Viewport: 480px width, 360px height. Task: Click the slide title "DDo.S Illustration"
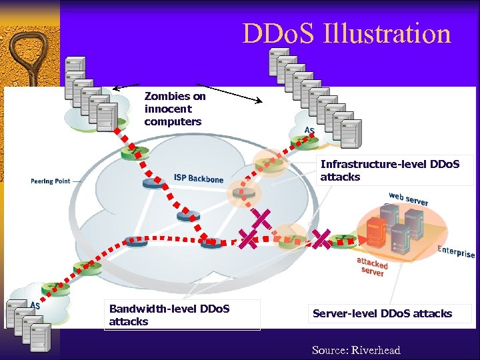[x=347, y=33]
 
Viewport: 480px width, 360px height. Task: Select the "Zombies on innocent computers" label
[x=175, y=109]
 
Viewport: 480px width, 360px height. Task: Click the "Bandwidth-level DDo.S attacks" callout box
[x=183, y=315]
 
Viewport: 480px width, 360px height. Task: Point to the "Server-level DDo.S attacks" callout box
[x=382, y=313]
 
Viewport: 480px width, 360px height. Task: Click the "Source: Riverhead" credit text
[x=356, y=350]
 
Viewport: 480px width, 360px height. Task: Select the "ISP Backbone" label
[x=198, y=178]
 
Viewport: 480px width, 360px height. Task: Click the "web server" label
[x=409, y=198]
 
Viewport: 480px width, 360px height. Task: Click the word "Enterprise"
[x=456, y=252]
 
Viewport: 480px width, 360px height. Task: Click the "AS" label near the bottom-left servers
[x=35, y=305]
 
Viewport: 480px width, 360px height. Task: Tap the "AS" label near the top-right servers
[x=309, y=130]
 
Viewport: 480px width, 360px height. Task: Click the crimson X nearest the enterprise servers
[x=321, y=238]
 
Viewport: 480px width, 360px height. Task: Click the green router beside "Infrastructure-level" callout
[x=269, y=165]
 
